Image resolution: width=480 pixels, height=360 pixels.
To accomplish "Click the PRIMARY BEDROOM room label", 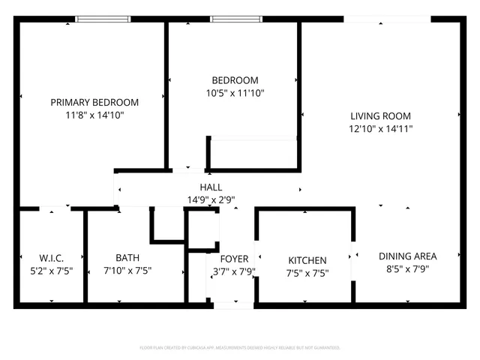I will (x=94, y=102).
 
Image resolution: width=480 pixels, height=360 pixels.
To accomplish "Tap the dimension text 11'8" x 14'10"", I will (x=94, y=115).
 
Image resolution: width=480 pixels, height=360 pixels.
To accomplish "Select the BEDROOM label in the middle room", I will (x=235, y=80).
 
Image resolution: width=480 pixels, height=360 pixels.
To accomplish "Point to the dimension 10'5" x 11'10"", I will (x=235, y=93).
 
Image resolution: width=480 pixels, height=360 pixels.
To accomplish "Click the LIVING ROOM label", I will (x=381, y=115).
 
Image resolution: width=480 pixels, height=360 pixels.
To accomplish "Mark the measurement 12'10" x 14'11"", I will (x=381, y=128).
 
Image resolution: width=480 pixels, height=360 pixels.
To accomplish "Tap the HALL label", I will (x=211, y=187).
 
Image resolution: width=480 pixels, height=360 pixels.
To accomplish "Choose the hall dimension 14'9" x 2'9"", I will (x=211, y=199).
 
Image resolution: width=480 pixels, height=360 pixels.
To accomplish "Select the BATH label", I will (x=127, y=258).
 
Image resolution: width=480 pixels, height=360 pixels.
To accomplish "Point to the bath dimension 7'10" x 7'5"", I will (x=127, y=271).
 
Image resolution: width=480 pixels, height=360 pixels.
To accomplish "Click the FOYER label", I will (x=234, y=259).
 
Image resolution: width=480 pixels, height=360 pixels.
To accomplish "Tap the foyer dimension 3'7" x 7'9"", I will (x=234, y=271).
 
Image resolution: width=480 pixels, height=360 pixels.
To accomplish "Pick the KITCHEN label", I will (x=307, y=259).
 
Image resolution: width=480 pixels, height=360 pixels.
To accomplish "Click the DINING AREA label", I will (x=407, y=256).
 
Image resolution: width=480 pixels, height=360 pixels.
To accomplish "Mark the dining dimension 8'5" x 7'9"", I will (x=407, y=268).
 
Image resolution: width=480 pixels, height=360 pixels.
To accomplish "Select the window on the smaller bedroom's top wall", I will (x=232, y=19).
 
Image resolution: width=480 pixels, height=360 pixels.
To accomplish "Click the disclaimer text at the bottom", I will (x=240, y=348).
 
